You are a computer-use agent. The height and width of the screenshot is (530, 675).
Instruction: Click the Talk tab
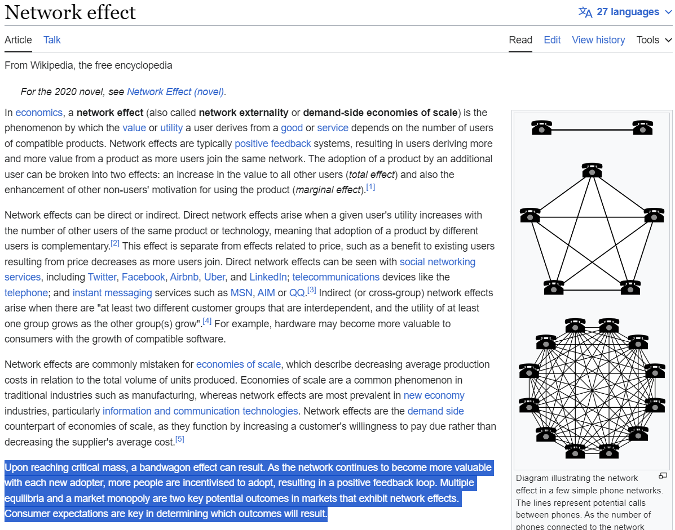(52, 40)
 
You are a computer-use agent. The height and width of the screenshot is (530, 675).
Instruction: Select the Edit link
(552, 40)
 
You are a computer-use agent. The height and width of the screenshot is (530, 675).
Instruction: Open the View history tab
(598, 40)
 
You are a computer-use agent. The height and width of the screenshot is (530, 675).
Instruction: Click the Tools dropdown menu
(654, 40)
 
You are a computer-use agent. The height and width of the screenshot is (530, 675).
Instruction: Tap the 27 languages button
(625, 12)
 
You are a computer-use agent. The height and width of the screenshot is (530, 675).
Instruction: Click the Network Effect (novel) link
(175, 92)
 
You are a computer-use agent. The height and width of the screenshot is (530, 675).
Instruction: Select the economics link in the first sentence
(39, 113)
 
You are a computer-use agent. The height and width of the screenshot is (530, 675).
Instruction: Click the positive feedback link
(272, 144)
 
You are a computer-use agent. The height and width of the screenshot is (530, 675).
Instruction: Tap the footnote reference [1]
(370, 187)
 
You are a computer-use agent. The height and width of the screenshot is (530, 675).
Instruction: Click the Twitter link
(102, 277)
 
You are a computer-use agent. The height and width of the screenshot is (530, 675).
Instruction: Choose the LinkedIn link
(268, 277)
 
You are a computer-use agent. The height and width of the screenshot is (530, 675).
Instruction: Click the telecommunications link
(336, 277)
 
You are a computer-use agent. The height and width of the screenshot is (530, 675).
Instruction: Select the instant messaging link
(112, 293)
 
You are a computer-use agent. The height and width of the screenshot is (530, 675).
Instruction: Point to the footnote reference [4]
(207, 321)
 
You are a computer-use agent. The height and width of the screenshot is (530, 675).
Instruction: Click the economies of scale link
(239, 364)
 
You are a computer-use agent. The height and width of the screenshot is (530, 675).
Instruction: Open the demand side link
(436, 411)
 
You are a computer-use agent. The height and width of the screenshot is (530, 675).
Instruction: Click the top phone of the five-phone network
(592, 170)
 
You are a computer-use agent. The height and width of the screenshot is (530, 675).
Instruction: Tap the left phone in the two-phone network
(541, 128)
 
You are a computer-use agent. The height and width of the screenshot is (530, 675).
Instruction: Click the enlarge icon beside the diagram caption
(663, 475)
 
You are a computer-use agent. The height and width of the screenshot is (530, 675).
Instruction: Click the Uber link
(214, 277)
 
